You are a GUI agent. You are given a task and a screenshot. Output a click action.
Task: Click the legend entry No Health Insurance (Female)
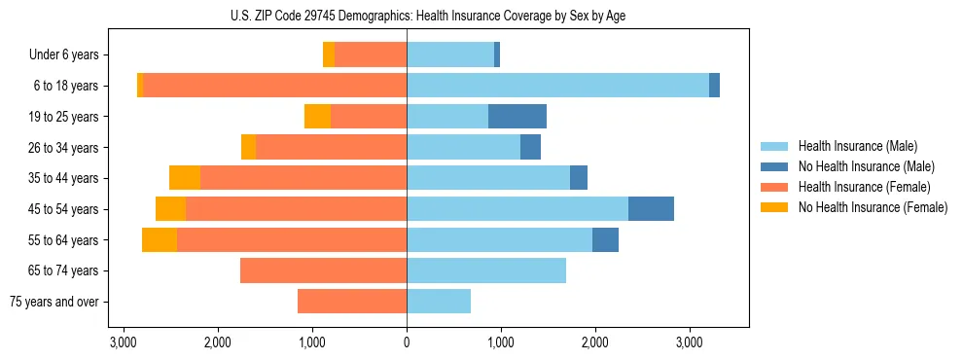(x=873, y=207)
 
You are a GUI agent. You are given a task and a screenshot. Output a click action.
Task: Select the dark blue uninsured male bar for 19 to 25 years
(x=517, y=117)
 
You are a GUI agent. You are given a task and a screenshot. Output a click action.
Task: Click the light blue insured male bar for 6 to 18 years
(x=557, y=86)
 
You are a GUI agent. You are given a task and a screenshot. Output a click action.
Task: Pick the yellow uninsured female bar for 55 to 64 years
(x=160, y=240)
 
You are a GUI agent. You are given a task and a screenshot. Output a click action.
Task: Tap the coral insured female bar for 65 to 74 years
(x=323, y=270)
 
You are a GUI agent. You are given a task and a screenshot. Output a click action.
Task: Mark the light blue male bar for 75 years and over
(x=439, y=302)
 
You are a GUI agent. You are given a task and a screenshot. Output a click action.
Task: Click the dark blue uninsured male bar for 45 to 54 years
(x=651, y=209)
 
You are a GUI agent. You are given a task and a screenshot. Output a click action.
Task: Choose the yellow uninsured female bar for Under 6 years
(x=329, y=55)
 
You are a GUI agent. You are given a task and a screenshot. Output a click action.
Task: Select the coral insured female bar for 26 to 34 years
(x=331, y=147)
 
